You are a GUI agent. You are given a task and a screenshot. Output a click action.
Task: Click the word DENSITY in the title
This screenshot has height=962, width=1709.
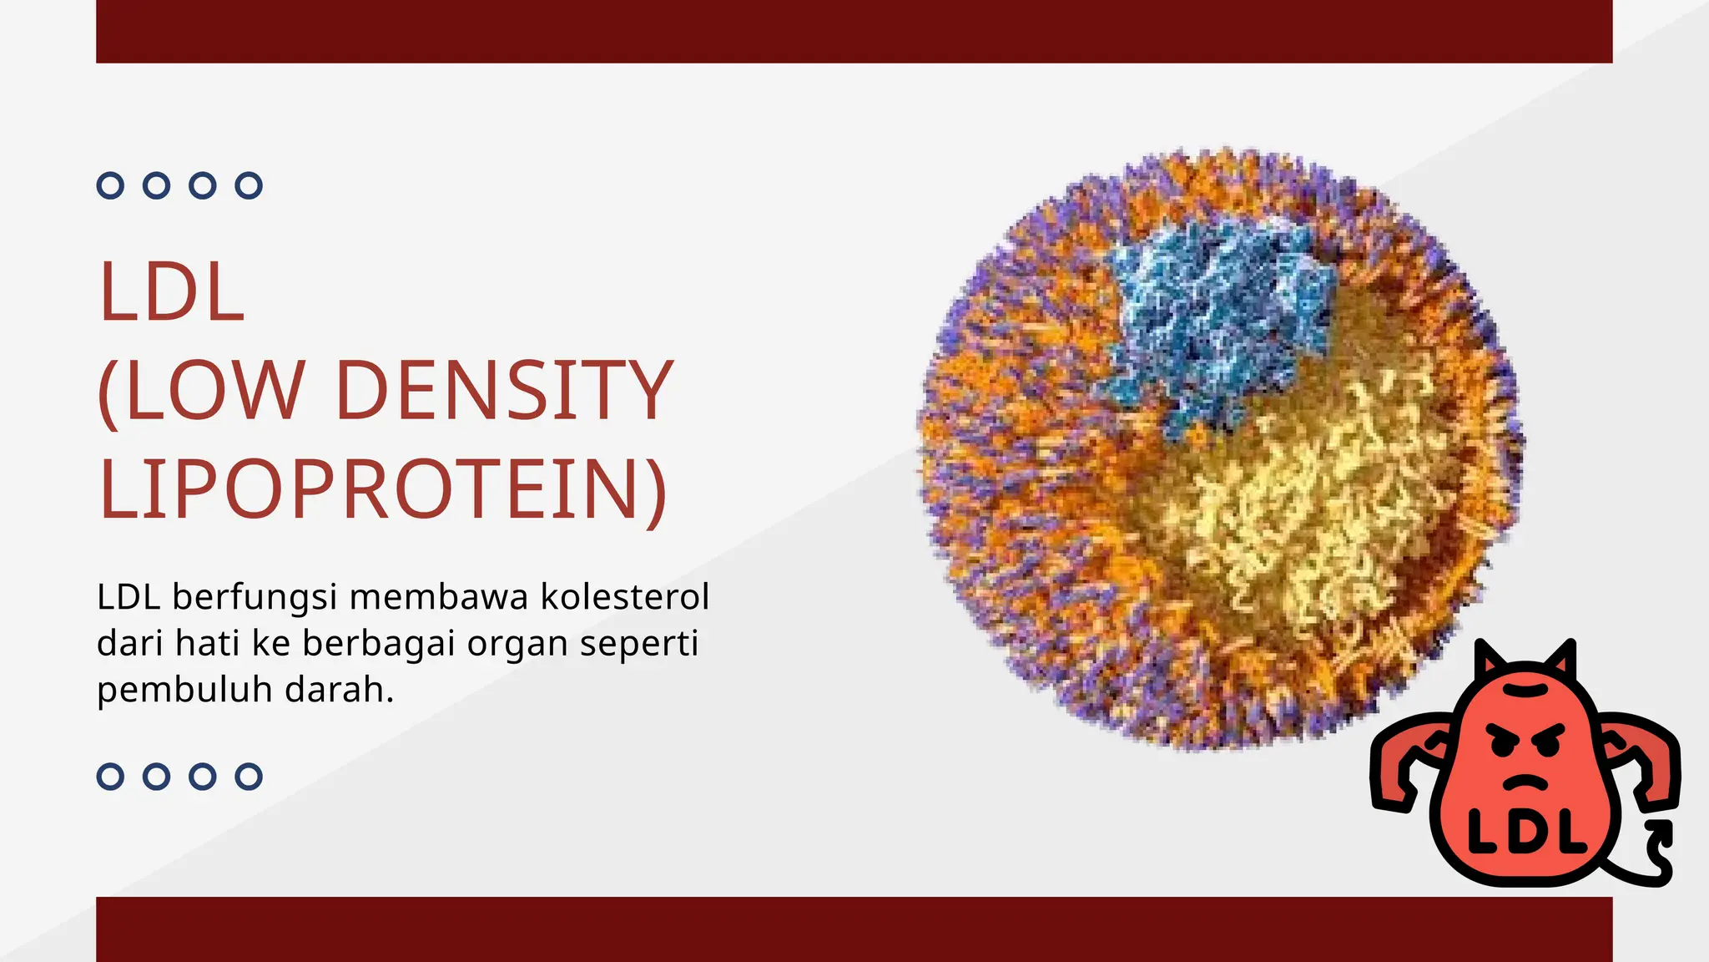(x=504, y=390)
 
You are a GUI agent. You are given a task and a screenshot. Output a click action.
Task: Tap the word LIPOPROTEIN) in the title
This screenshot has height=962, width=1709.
(x=383, y=489)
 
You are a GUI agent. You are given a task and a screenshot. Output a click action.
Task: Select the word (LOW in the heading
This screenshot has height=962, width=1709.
(x=201, y=390)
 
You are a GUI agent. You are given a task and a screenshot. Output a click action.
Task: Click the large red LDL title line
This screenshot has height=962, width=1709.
(x=172, y=292)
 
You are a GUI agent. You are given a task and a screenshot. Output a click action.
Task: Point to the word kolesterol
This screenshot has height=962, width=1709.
(x=625, y=597)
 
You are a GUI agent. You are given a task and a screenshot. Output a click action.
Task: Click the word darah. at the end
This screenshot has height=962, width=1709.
(x=339, y=690)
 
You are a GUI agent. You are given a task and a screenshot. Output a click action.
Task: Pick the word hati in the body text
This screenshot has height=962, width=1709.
(x=207, y=644)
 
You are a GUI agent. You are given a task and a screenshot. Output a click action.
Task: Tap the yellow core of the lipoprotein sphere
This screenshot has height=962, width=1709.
(x=1302, y=501)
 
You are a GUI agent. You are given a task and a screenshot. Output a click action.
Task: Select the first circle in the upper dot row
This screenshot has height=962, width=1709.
(x=110, y=185)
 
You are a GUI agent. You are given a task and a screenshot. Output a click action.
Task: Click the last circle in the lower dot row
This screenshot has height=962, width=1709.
(x=249, y=777)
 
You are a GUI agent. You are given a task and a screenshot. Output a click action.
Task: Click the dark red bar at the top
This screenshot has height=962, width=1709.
(x=854, y=31)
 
